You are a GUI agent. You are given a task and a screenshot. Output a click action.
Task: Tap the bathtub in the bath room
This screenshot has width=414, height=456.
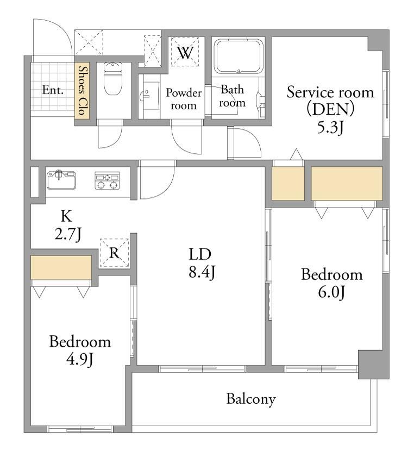click(239, 57)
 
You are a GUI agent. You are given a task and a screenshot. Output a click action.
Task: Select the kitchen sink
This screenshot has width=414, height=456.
click(61, 180)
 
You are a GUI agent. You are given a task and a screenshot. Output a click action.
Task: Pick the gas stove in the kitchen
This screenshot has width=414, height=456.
click(107, 180)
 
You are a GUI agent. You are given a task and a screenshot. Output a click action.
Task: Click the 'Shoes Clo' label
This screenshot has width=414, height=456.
click(83, 91)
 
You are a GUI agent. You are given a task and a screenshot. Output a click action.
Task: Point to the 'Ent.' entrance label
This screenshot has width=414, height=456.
click(53, 90)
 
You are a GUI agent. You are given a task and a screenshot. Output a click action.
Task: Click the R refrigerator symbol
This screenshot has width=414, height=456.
click(114, 253)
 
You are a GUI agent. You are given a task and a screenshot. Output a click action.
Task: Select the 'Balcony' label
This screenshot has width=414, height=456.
click(251, 399)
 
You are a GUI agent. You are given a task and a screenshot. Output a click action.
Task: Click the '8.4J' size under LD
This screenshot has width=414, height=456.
click(202, 272)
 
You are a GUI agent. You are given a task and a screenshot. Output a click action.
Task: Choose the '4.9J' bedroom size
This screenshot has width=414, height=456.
click(80, 360)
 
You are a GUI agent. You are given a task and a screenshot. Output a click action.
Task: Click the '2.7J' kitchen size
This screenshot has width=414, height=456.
click(68, 234)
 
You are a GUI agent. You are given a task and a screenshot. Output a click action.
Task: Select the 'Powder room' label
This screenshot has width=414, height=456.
click(184, 99)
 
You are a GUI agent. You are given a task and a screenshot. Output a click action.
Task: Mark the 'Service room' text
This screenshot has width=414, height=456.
click(330, 92)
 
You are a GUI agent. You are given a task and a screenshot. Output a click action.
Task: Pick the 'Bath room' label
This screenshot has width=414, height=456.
click(232, 96)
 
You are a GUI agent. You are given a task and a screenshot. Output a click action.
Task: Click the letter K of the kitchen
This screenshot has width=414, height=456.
click(66, 216)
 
